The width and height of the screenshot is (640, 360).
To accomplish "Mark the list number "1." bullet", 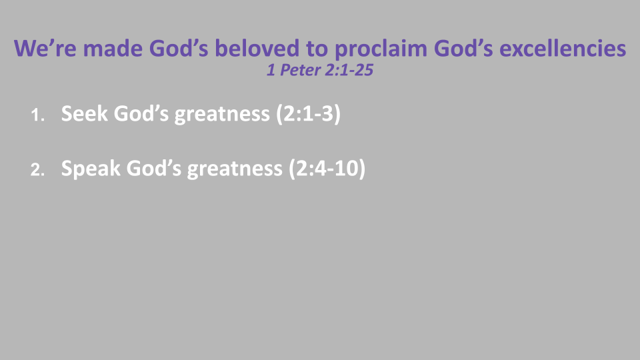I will (x=38, y=116).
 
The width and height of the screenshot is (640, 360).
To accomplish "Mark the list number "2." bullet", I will (x=38, y=171).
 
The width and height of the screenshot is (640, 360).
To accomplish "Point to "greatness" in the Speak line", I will (x=235, y=169).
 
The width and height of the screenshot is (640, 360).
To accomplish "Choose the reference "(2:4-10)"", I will (x=327, y=169).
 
